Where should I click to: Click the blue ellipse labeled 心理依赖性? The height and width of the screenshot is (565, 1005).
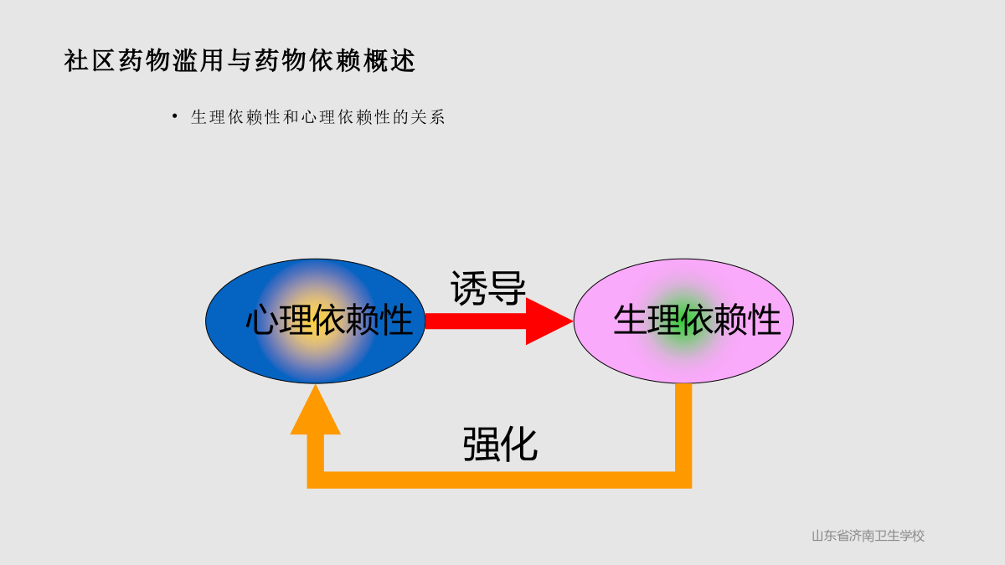click(315, 321)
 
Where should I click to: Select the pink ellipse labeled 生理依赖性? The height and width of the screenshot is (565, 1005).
click(683, 321)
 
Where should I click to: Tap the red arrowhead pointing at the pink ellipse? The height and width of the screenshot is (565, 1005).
click(549, 321)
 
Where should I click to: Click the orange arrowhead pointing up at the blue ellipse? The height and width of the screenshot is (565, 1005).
click(316, 410)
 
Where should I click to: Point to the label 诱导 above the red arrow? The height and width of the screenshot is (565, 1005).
click(487, 288)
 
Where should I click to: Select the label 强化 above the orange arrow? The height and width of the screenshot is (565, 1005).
click(500, 444)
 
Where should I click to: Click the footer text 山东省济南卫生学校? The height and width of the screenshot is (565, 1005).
click(868, 536)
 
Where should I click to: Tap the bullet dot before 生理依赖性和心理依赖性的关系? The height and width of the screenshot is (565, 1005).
click(174, 116)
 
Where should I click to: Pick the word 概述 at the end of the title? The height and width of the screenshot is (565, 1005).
click(389, 60)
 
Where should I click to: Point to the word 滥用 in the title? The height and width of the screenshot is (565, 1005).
click(198, 60)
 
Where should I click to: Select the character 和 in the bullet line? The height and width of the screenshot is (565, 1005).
click(291, 117)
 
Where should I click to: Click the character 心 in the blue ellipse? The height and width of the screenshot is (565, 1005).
click(261, 320)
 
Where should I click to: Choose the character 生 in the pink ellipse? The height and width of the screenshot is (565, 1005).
click(630, 320)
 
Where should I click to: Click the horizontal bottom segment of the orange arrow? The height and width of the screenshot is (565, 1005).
click(499, 480)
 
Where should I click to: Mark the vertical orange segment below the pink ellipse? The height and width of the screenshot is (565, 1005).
click(683, 428)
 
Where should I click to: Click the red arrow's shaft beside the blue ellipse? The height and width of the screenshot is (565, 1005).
click(476, 321)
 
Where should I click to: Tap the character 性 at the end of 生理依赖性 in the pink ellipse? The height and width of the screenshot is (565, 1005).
click(765, 320)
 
